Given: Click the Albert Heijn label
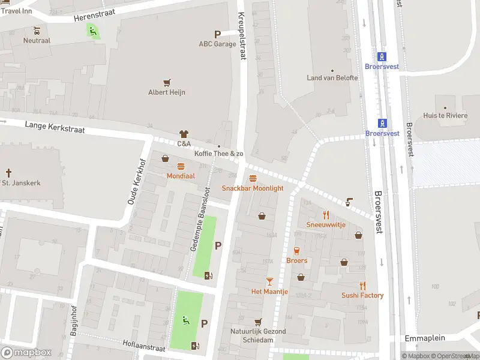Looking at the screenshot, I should pyautogui.click(x=167, y=92).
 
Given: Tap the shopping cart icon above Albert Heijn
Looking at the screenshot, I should pyautogui.click(x=167, y=82).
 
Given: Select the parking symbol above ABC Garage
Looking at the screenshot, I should pyautogui.click(x=217, y=34).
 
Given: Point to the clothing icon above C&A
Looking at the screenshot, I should pyautogui.click(x=184, y=134).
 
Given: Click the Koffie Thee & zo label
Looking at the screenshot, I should pyautogui.click(x=219, y=154).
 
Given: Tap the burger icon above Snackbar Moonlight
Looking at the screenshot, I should pyautogui.click(x=253, y=178).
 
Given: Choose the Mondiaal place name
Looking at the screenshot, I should pyautogui.click(x=181, y=176).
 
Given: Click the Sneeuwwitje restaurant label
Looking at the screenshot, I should pyautogui.click(x=326, y=224).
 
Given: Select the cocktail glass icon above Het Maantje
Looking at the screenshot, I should pyautogui.click(x=269, y=281).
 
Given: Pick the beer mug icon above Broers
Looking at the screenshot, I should pyautogui.click(x=296, y=250).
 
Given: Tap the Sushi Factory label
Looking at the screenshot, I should pyautogui.click(x=362, y=295).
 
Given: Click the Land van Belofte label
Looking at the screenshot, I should pyautogui.click(x=331, y=78).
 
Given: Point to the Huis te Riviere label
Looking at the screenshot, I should pyautogui.click(x=445, y=116).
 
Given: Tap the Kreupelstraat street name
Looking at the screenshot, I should pyautogui.click(x=242, y=36).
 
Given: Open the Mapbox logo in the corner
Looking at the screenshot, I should pyautogui.click(x=26, y=353).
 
